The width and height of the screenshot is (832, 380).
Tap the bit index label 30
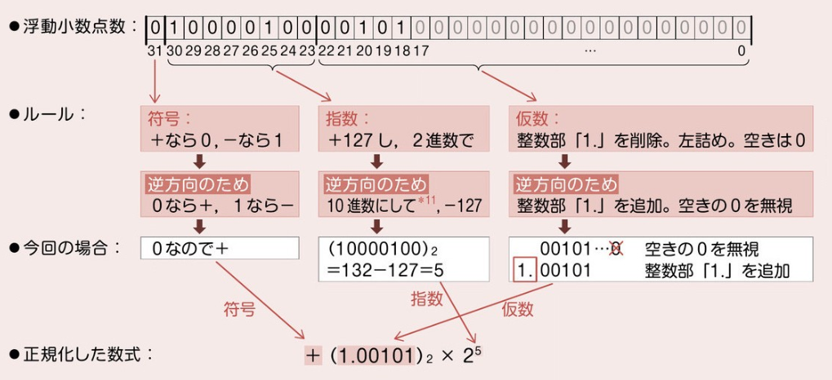click(x=172, y=51)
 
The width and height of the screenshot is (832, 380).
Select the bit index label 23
click(x=306, y=51)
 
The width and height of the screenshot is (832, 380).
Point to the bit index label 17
click(x=421, y=51)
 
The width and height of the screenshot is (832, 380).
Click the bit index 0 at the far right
click(x=741, y=51)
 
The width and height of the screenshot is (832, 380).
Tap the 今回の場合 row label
click(x=69, y=245)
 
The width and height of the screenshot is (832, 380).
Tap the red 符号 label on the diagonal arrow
click(x=239, y=310)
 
